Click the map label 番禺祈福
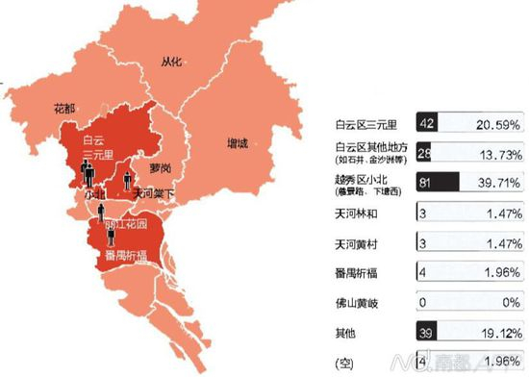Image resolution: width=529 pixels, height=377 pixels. point(127,255)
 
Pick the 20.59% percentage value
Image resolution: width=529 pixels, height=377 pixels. point(499,124)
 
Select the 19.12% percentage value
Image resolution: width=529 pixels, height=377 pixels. point(499,332)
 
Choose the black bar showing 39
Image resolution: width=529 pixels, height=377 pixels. point(427,332)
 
